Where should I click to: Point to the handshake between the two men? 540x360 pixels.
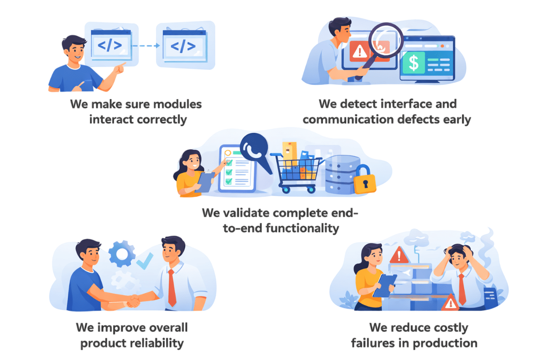134,300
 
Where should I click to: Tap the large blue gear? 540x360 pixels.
122,253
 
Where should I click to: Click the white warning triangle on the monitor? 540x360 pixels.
359,51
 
